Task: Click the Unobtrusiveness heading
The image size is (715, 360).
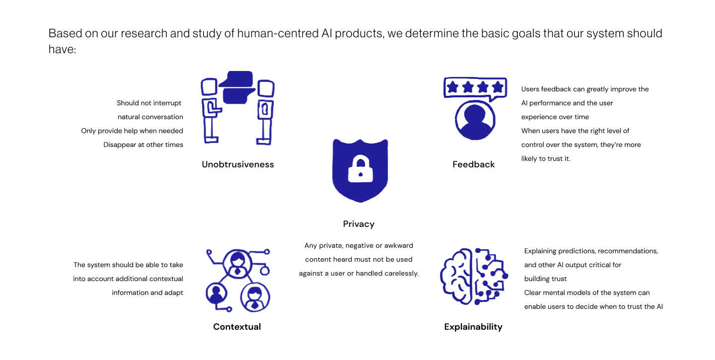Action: click(238, 164)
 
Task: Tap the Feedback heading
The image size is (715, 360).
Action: click(474, 164)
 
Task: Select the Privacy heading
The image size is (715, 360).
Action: click(358, 224)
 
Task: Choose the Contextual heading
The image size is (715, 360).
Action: click(237, 327)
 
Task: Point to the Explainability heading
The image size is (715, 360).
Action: click(473, 327)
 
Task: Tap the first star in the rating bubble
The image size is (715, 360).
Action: click(452, 87)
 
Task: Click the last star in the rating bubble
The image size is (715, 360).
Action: click(497, 87)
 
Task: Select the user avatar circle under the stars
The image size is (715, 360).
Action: click(475, 121)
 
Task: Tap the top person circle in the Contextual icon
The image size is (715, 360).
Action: click(237, 263)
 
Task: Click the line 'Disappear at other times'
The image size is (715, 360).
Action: click(143, 145)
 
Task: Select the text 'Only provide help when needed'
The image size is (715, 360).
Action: click(132, 131)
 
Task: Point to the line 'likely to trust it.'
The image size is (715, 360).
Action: click(546, 159)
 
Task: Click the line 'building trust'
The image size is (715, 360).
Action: click(545, 279)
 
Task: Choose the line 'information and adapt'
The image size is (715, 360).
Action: click(147, 293)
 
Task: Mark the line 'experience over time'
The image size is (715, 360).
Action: click(555, 117)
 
